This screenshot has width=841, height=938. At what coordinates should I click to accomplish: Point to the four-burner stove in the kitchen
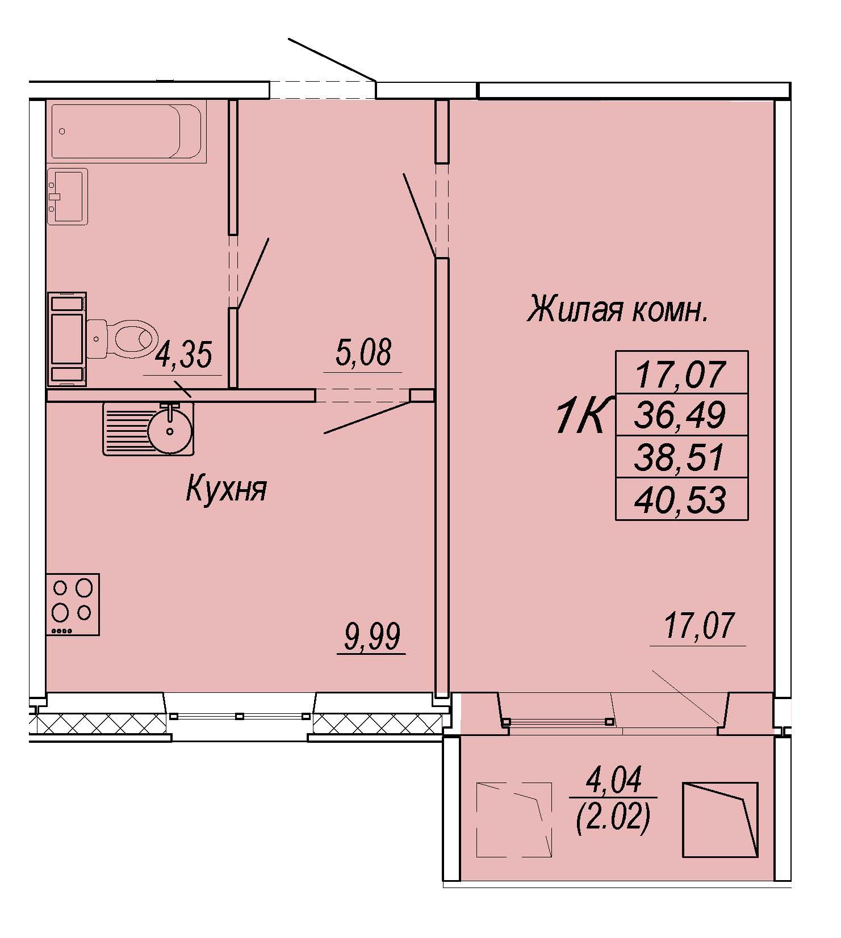click(73, 604)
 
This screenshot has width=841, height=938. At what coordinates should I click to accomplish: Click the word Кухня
click(226, 489)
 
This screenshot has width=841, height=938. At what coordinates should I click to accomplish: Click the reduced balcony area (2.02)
click(613, 819)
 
